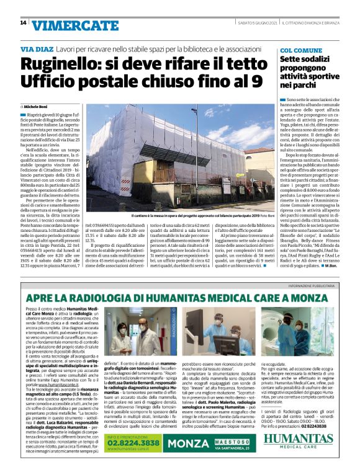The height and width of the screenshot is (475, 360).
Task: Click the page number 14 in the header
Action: point(23,23)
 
